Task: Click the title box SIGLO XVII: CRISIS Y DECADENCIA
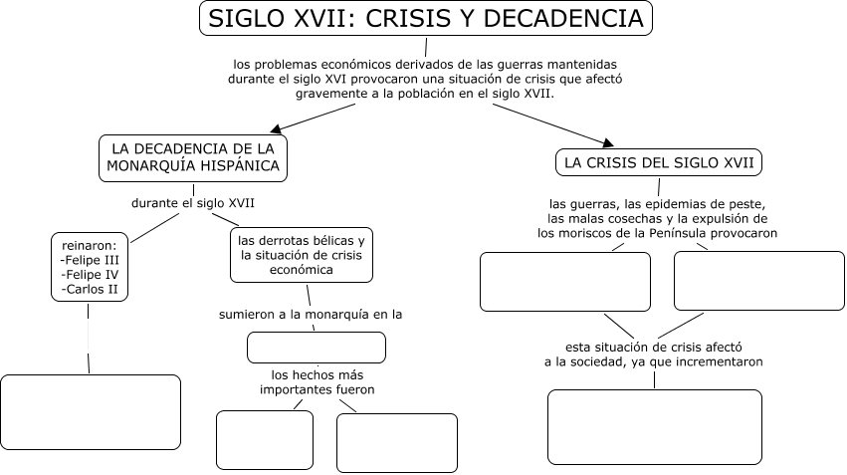(x=425, y=19)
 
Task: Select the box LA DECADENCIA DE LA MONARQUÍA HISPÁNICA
(x=193, y=157)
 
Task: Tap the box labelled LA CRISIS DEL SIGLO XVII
(x=659, y=161)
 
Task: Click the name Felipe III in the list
(x=90, y=260)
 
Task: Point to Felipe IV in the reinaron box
(x=90, y=274)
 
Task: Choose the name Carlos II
(x=90, y=289)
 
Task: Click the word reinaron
(x=89, y=245)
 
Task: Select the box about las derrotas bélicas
(x=302, y=255)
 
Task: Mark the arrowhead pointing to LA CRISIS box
(x=607, y=141)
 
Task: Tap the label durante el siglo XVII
(x=193, y=203)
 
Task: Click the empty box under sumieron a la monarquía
(x=316, y=347)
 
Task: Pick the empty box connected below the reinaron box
(x=91, y=412)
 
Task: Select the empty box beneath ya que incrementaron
(x=654, y=426)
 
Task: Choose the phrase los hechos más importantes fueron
(x=317, y=381)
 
